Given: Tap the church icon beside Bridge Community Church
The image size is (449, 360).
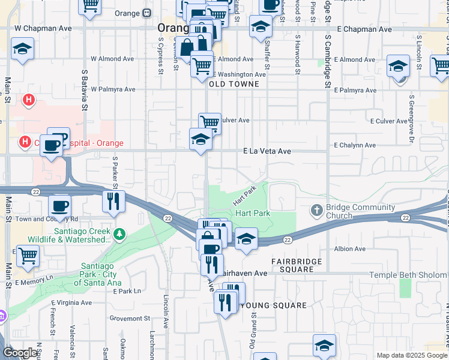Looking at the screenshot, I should click(x=318, y=211).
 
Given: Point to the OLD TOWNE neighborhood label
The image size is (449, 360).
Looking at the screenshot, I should click(x=234, y=85).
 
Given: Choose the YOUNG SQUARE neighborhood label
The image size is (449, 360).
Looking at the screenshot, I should click(x=273, y=305).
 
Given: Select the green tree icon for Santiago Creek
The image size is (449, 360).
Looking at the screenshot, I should click(x=120, y=233).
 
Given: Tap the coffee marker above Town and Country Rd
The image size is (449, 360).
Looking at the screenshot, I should click(x=59, y=206).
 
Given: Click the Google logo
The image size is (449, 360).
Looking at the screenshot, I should click(x=20, y=353).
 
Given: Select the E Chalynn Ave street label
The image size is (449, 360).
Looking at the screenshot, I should click(x=355, y=145).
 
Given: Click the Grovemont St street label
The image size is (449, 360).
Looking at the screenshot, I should click(x=130, y=318).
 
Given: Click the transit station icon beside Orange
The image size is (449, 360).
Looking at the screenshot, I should click(x=147, y=13).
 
